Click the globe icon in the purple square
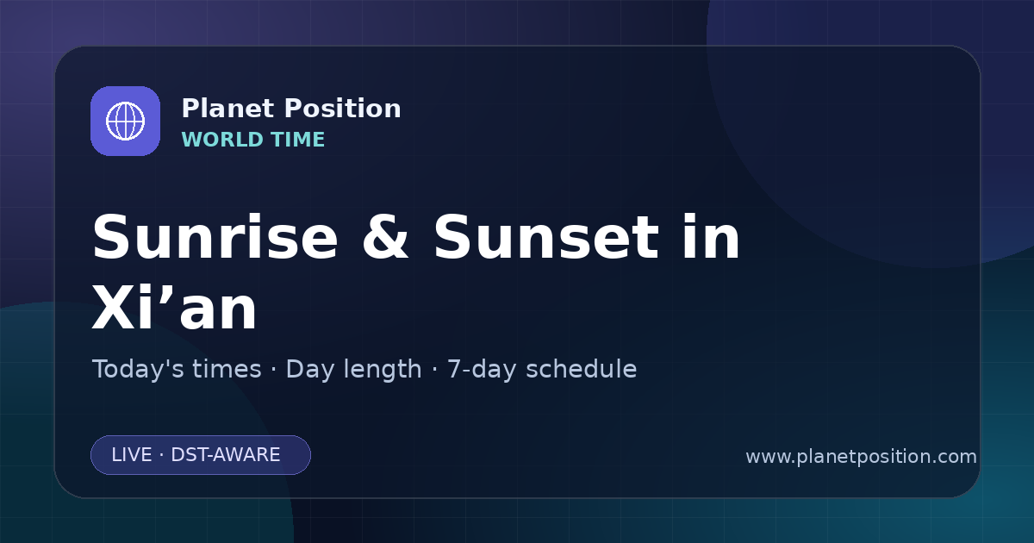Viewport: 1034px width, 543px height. tap(125, 121)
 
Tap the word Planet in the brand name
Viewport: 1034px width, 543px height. tap(228, 109)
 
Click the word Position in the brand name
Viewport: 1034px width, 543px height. tap(343, 109)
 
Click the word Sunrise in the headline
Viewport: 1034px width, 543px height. tap(215, 237)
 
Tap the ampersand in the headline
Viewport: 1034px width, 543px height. tap(385, 237)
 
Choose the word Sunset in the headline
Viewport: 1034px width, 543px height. tap(546, 237)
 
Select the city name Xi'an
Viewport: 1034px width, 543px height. tap(174, 306)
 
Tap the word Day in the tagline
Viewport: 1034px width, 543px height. tap(309, 371)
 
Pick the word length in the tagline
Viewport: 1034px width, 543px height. tap(382, 371)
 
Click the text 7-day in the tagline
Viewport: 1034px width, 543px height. tap(482, 371)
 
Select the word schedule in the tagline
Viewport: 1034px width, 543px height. tap(581, 370)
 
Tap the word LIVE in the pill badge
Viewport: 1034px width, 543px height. tap(132, 455)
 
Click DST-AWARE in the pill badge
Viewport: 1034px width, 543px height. tap(226, 455)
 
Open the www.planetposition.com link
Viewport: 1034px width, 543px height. tap(862, 457)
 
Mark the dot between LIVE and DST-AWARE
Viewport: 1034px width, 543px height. tap(162, 455)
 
